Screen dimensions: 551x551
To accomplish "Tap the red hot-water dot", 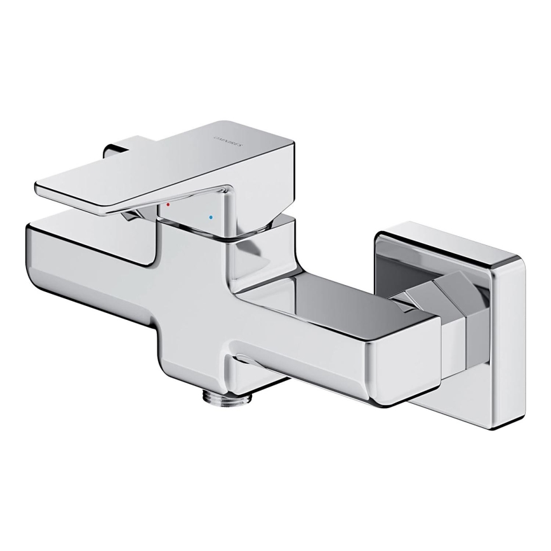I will coord(168,205).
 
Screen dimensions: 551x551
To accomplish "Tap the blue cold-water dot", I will coord(210,217).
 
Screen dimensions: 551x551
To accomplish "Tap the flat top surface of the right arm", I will coord(330,292).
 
